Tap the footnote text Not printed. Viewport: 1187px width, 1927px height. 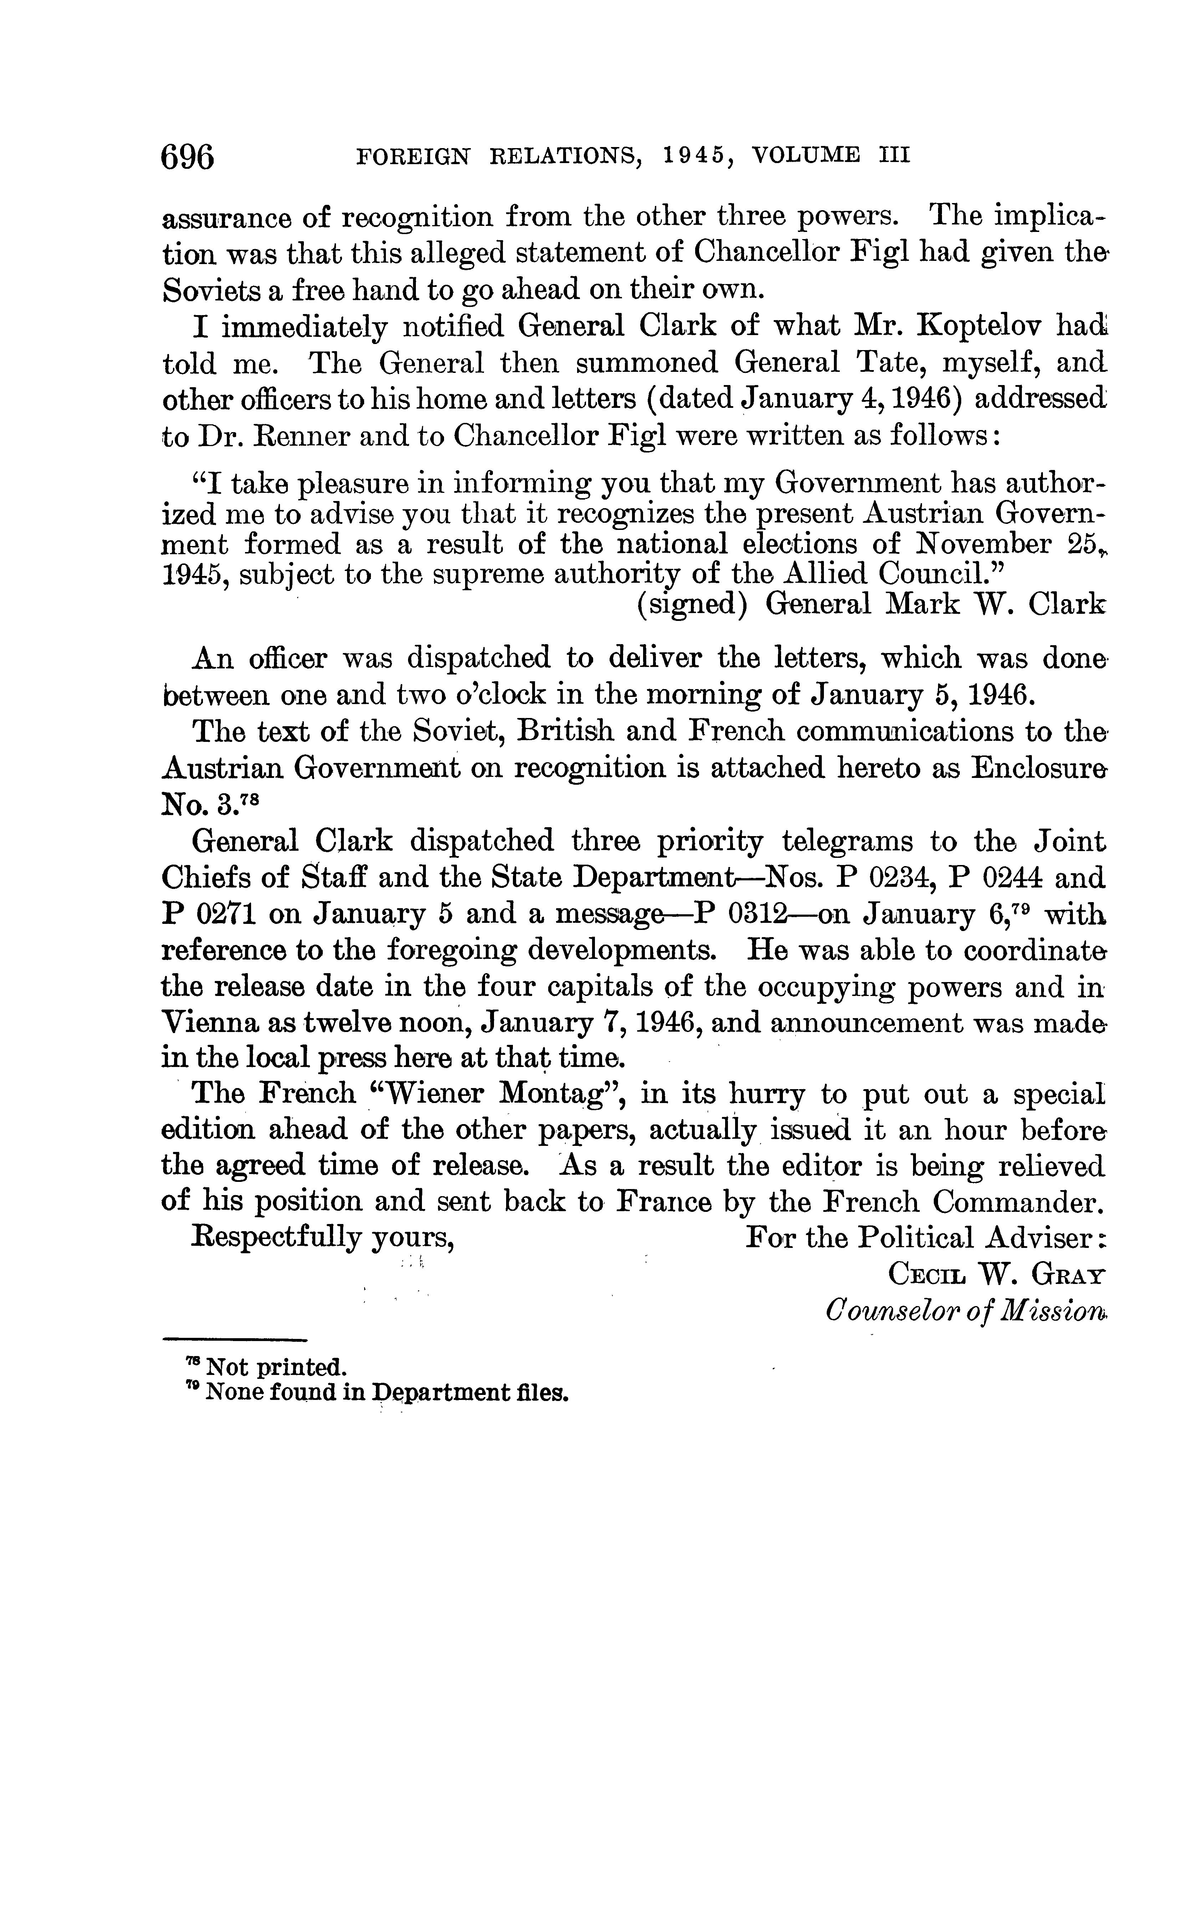(275, 1367)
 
